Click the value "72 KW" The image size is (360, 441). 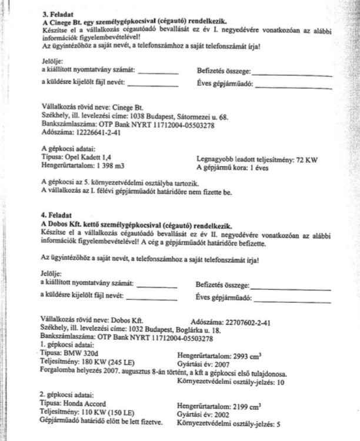[x=306, y=159]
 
